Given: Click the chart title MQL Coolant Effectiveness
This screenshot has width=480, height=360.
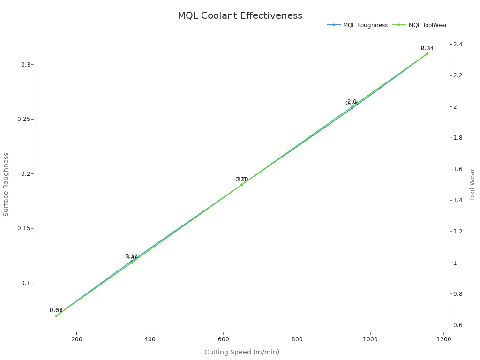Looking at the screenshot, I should coord(240,15).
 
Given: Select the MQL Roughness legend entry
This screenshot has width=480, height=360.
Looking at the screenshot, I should coord(365,25).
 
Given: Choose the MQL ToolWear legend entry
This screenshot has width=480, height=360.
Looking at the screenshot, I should coord(427,25).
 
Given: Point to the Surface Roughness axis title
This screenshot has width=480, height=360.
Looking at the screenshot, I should coord(6,184).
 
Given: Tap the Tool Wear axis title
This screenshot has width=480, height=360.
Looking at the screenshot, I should coord(472,184).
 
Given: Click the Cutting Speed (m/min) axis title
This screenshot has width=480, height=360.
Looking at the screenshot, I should coord(241,352).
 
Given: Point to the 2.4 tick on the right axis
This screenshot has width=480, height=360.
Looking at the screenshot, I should coord(457,44).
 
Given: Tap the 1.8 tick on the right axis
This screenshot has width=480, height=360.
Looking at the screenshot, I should coord(457,138).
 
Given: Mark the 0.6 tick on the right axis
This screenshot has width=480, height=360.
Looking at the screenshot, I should coord(457,325).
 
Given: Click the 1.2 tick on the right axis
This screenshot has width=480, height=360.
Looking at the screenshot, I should coord(457,232).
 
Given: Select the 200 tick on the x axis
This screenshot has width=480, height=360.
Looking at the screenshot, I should coord(76,339).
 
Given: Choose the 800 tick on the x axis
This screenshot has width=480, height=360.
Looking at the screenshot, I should coord(297,339).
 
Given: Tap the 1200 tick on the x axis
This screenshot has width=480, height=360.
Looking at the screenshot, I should coord(443,339).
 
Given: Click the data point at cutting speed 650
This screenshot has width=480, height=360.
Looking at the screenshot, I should coord(242,185).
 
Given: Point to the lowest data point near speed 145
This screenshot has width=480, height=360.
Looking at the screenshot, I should coord(56,315).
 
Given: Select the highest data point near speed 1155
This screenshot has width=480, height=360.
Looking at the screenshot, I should coord(427,53).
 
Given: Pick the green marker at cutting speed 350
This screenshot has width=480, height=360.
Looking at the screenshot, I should coord(132,262).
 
